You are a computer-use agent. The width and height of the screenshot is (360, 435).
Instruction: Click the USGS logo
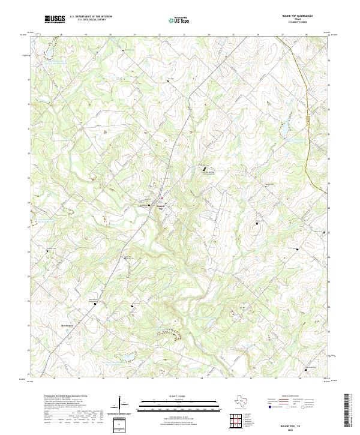[x=55, y=19]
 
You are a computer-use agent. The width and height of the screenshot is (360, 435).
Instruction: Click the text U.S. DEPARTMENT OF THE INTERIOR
[x=91, y=17]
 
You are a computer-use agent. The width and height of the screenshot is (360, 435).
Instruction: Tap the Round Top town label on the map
[x=160, y=207]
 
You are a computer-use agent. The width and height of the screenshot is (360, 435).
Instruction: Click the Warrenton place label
[x=67, y=326]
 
